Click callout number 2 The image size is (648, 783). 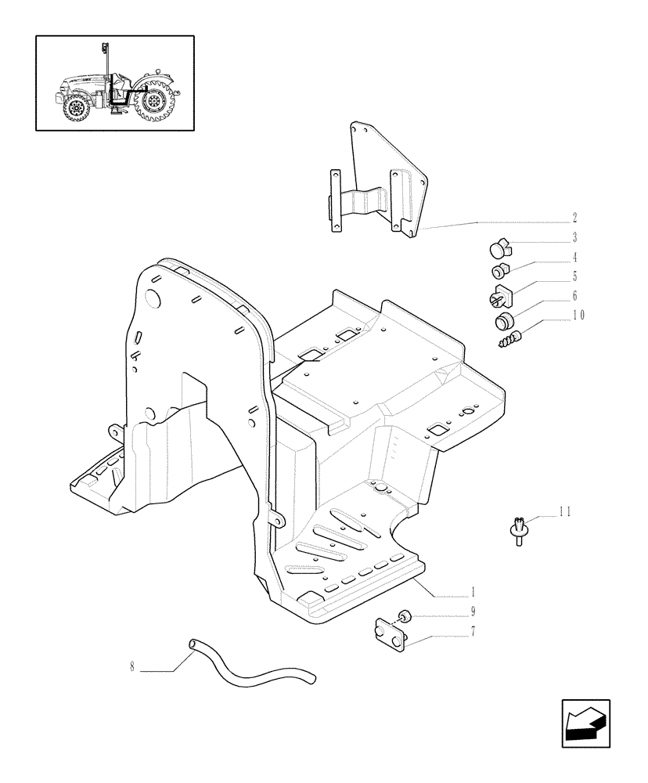575,217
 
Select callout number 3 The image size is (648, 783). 575,237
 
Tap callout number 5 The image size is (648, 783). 575,276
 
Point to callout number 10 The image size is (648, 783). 578,316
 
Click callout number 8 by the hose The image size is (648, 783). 132,668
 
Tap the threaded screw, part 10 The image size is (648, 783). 510,337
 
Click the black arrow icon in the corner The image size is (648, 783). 587,720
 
